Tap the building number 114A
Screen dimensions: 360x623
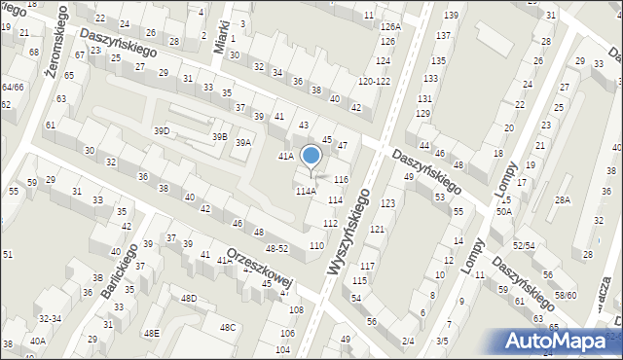[x=306, y=192]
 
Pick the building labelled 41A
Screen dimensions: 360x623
[x=285, y=156]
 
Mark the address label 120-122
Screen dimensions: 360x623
[x=375, y=81]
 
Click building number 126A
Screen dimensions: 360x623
[x=390, y=27]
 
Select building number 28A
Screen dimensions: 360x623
[x=562, y=200]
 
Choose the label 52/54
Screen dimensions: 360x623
[x=524, y=246]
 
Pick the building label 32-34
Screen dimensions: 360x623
[x=50, y=318]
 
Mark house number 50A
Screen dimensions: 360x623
[x=503, y=211]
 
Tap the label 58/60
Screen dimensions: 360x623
[x=565, y=295]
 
